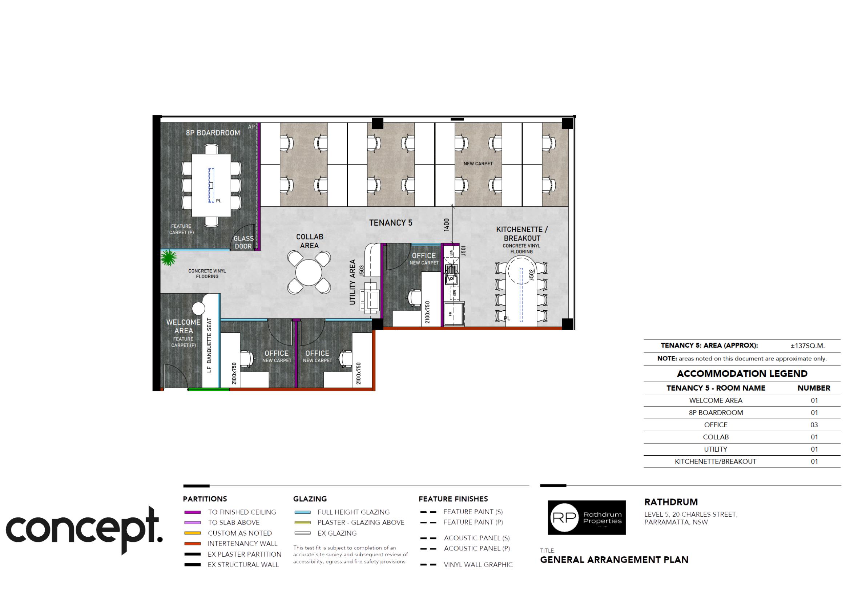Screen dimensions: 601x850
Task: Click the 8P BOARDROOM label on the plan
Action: click(213, 133)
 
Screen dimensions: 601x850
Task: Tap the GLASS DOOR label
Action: click(243, 242)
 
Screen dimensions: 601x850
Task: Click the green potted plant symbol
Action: click(169, 258)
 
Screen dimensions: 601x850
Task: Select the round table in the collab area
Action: click(309, 272)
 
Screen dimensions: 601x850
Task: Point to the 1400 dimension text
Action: click(447, 225)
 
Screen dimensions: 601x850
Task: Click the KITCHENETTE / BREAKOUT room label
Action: click(521, 234)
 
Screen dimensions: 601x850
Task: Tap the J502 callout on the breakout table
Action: click(531, 275)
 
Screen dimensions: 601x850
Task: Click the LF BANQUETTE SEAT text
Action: click(210, 345)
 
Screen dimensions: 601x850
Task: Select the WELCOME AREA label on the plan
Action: click(183, 326)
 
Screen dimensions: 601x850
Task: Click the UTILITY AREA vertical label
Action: click(353, 282)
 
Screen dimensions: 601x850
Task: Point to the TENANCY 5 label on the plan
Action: click(391, 223)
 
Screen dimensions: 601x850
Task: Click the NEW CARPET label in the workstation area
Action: click(478, 164)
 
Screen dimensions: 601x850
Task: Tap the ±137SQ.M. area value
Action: click(807, 346)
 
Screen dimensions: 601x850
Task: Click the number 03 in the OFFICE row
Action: click(814, 425)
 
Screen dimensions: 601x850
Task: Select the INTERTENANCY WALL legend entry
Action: click(242, 544)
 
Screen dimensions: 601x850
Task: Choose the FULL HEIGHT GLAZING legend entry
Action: click(353, 512)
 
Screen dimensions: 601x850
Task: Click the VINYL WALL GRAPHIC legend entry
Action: click(478, 565)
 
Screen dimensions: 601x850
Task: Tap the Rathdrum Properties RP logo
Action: click(587, 517)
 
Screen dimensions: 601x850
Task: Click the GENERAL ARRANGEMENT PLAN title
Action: click(614, 560)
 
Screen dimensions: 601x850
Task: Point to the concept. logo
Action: click(84, 529)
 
